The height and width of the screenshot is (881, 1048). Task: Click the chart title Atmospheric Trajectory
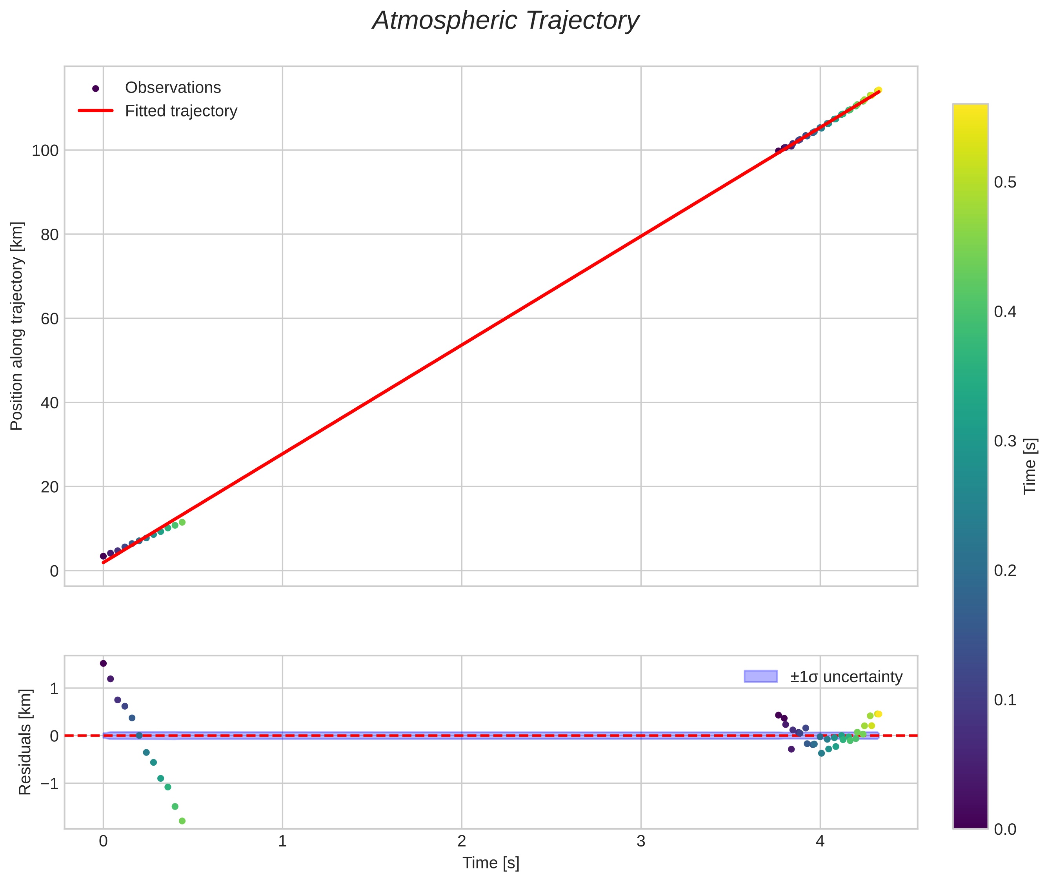(505, 21)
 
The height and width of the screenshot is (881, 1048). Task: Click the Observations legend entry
(173, 87)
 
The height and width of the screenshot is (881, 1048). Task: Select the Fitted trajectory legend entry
(181, 111)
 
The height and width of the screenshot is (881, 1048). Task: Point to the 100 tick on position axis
(45, 150)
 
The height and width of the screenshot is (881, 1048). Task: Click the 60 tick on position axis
(49, 319)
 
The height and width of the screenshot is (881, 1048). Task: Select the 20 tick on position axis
(49, 487)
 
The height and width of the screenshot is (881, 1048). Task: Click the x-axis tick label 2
(461, 841)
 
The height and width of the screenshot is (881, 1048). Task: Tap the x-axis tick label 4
(820, 841)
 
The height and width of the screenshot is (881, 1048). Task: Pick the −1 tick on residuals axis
(49, 784)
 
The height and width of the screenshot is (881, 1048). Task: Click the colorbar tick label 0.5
(1004, 182)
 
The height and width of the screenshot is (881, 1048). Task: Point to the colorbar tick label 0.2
(1004, 570)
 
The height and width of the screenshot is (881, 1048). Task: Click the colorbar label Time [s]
(1030, 466)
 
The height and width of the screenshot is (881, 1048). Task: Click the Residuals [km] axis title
(25, 742)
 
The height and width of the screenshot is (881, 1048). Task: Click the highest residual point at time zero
(104, 663)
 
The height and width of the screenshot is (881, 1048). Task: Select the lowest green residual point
(182, 821)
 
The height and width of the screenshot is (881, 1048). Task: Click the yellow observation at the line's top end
(878, 90)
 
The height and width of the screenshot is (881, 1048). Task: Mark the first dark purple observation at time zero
(104, 556)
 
